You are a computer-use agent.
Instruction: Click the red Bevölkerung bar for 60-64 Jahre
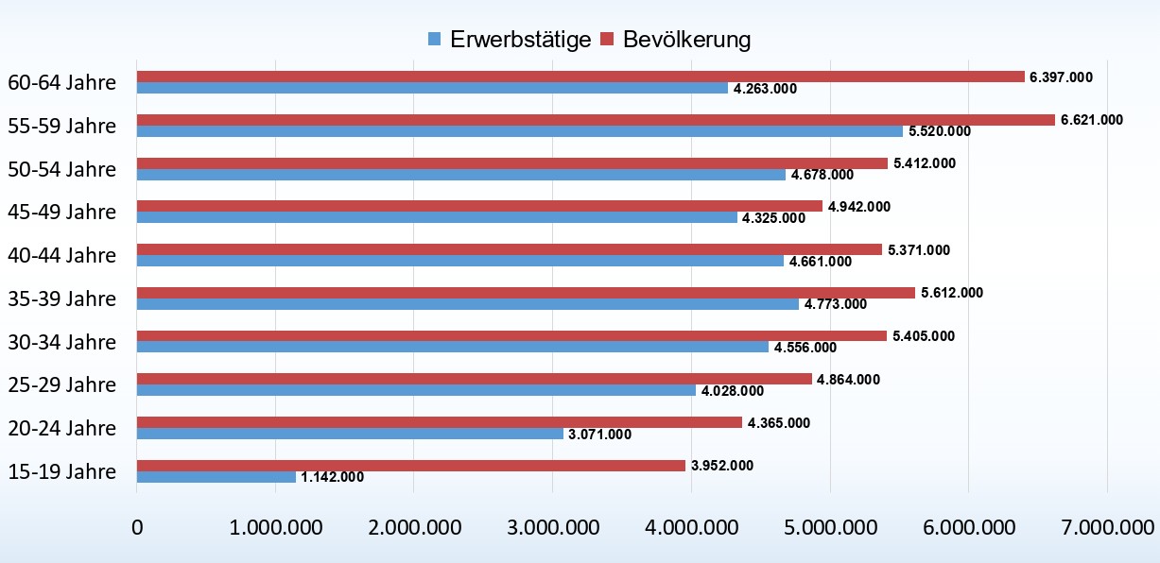tap(580, 77)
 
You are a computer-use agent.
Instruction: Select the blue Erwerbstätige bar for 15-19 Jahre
tap(216, 477)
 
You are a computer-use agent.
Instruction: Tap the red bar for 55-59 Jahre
tap(596, 120)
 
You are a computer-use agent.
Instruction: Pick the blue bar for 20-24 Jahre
tap(350, 434)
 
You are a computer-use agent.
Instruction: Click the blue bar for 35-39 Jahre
tap(468, 304)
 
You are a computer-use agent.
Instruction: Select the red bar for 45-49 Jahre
tap(479, 206)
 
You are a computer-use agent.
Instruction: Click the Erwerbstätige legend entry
tap(510, 40)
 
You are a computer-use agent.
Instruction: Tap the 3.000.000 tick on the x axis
tap(552, 525)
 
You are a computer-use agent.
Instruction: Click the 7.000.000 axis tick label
tap(1106, 525)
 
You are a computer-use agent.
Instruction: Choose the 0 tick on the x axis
tap(137, 525)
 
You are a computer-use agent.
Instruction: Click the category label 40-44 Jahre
tap(62, 255)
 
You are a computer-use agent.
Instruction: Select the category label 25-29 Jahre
tap(62, 384)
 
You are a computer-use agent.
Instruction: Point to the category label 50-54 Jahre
tap(62, 169)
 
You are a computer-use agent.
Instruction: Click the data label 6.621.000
tap(1092, 119)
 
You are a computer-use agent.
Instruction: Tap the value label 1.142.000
tap(332, 477)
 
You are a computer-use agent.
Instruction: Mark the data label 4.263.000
tap(765, 89)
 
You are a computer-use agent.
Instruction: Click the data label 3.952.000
tap(722, 465)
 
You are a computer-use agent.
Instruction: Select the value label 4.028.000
tap(733, 391)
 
